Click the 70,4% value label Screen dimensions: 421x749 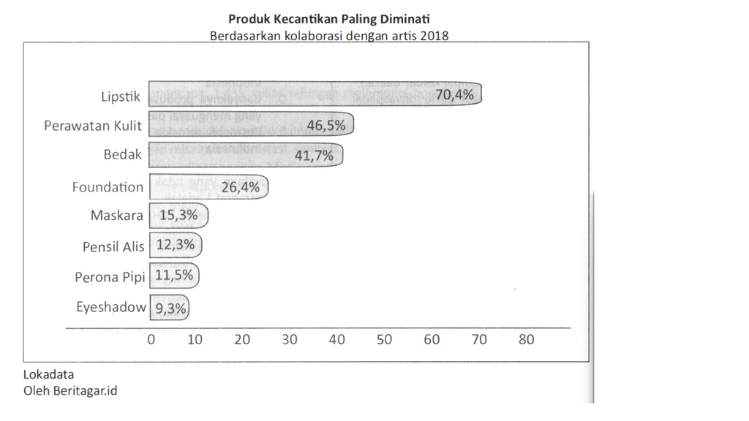click(454, 94)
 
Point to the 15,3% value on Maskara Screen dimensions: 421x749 click(178, 216)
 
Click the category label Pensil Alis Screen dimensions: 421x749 click(113, 247)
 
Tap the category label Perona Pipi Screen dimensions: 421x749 click(110, 278)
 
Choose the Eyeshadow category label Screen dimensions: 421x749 click(111, 308)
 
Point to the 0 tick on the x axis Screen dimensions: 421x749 click(151, 340)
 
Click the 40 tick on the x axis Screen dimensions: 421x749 click(337, 340)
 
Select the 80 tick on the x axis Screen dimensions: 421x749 click(526, 340)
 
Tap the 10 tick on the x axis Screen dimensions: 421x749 click(195, 340)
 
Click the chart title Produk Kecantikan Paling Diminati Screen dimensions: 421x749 click(329, 18)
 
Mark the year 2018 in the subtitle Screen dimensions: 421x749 click(434, 35)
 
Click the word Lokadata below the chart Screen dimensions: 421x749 click(48, 375)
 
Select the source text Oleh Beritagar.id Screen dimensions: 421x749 click(70, 390)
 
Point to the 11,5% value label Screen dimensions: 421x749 click(175, 276)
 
